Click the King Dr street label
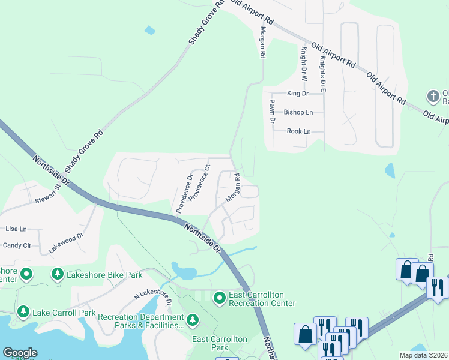tap(297, 94)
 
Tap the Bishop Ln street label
tap(298, 112)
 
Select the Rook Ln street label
tap(298, 131)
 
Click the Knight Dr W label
tap(304, 64)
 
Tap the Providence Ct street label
tap(200, 182)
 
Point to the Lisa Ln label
tap(16, 229)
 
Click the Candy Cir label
tap(17, 245)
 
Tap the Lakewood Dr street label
tap(64, 241)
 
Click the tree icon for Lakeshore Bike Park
tap(58, 275)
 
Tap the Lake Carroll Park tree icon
tap(23, 312)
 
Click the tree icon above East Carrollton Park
tap(193, 321)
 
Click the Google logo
tap(20, 352)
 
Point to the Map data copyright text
tap(423, 355)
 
